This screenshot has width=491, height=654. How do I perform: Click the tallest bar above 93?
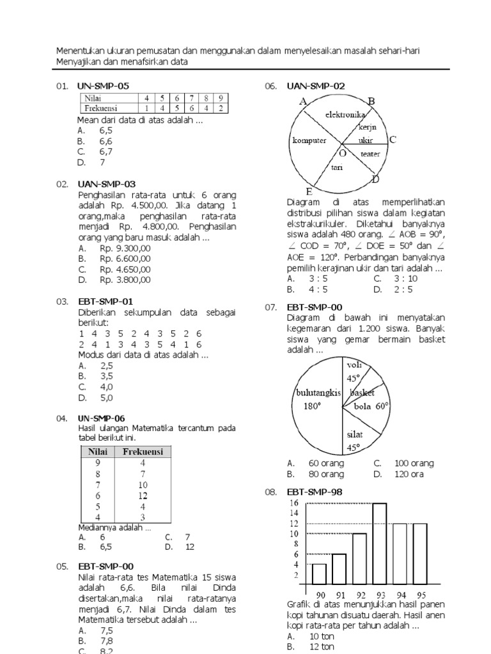[x=379, y=543]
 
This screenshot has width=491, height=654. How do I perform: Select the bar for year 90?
[x=319, y=573]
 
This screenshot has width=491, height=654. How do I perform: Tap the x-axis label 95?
[x=420, y=594]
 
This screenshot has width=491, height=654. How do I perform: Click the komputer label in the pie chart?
[x=309, y=141]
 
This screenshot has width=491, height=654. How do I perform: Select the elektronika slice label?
[x=345, y=115]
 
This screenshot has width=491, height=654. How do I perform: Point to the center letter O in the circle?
[x=343, y=153]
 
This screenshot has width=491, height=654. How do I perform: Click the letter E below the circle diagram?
[x=309, y=192]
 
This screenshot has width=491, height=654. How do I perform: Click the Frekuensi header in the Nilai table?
[x=143, y=452]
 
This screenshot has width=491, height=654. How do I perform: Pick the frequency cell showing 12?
[x=143, y=495]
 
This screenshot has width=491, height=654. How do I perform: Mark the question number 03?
[x=62, y=301]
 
